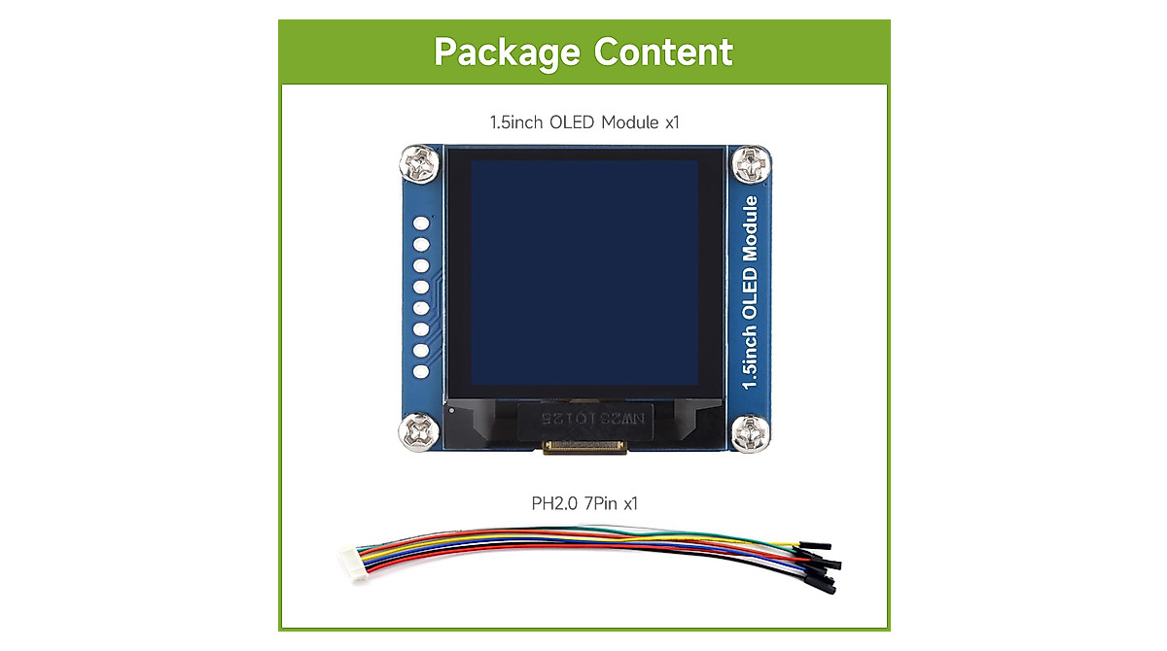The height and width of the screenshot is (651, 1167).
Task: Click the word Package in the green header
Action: click(507, 51)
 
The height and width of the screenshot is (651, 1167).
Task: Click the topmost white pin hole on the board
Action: click(422, 223)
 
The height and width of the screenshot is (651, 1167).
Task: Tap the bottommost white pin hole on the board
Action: click(422, 371)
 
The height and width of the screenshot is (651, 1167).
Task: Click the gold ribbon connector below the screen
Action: click(584, 447)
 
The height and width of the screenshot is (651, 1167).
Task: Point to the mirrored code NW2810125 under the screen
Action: click(584, 419)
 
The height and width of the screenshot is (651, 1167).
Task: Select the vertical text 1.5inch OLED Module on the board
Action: click(749, 292)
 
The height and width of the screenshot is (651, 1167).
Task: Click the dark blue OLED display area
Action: click(583, 271)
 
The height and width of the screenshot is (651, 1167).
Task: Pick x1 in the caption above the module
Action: click(671, 122)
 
